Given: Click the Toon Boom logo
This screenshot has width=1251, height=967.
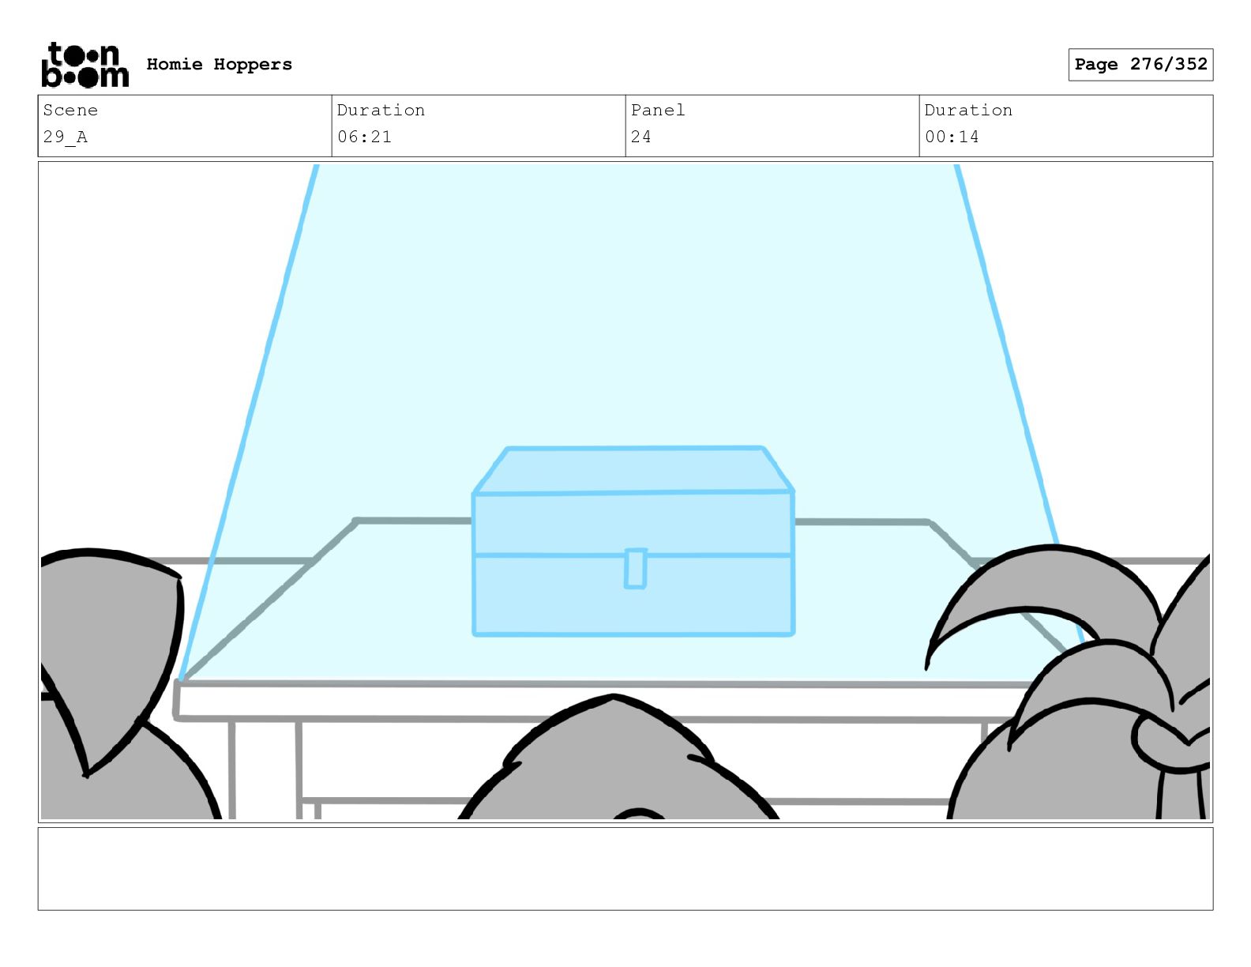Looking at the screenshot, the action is point(85,65).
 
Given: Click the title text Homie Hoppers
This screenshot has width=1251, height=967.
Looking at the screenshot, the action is point(219,65).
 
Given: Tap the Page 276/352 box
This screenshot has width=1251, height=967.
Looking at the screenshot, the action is point(1140,65).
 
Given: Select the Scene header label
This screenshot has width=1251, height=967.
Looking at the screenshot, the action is point(70,111).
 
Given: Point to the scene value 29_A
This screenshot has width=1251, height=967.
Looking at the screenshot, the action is point(66,137).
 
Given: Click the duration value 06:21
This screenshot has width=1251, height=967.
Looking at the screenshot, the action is point(364,137).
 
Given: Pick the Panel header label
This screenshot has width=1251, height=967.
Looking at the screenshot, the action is point(657,111).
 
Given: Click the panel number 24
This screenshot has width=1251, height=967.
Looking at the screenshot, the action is point(641,137).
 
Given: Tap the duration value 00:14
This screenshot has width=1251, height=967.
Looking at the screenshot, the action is point(952,137).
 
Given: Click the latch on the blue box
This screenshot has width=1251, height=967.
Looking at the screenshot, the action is point(635,569).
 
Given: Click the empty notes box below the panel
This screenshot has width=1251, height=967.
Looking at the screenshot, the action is point(625,868).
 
